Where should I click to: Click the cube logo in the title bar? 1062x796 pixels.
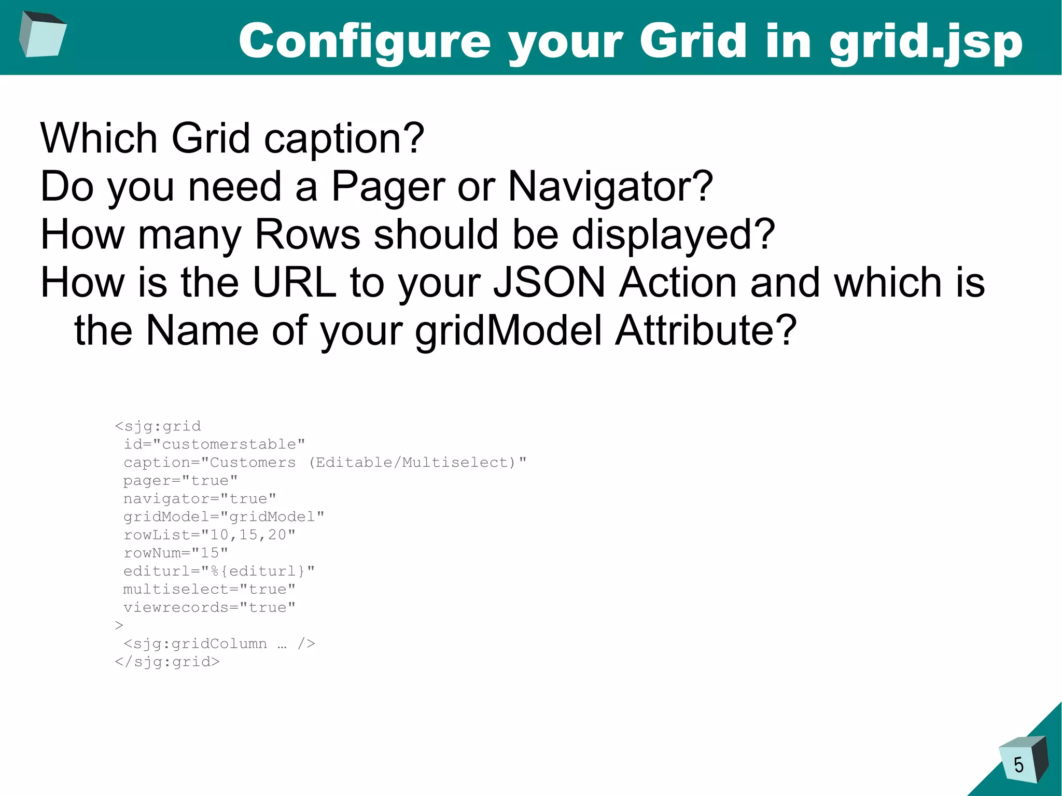[43, 34]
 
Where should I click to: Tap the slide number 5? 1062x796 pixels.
[1018, 765]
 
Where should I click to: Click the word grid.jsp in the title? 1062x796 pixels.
[926, 43]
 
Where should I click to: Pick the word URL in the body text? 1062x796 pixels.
[295, 283]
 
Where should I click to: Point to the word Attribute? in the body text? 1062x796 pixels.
[705, 331]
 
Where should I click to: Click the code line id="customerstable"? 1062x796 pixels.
[214, 444]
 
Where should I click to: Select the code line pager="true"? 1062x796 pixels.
[180, 481]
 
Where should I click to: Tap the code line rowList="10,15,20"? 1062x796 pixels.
[209, 535]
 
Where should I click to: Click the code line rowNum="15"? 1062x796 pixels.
[176, 553]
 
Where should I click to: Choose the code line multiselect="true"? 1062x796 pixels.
[209, 589]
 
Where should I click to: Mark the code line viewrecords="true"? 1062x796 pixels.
[209, 607]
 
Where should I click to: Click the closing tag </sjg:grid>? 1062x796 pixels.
[167, 662]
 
